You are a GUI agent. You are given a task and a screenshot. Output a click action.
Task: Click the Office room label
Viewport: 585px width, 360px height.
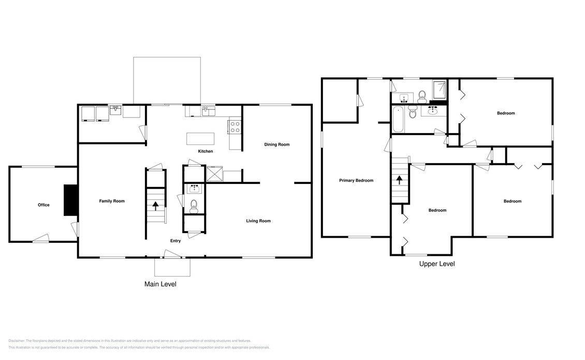point(43,205)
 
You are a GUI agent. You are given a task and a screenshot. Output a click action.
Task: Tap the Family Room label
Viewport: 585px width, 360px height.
point(112,201)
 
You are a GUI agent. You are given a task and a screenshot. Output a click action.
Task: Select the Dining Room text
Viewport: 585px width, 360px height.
point(276,145)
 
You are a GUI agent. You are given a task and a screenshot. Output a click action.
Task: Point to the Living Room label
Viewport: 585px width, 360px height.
point(258,221)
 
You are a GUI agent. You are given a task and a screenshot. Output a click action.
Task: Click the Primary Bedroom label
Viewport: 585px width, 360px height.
point(356,181)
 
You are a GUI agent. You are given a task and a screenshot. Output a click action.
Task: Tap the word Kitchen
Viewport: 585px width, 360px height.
point(206,151)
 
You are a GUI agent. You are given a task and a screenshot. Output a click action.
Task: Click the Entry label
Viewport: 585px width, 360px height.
point(175,241)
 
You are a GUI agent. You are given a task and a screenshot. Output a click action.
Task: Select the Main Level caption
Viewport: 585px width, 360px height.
point(160,284)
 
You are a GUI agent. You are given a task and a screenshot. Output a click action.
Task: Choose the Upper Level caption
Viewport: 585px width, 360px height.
point(437,264)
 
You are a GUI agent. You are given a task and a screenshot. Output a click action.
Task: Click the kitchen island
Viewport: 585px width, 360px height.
point(200,138)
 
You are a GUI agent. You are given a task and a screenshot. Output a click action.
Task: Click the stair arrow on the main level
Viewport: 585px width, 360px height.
point(155,206)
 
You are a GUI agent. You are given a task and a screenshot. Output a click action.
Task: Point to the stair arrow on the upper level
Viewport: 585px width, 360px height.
point(399,180)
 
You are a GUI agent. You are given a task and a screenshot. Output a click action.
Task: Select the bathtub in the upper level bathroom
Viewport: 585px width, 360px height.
point(398,119)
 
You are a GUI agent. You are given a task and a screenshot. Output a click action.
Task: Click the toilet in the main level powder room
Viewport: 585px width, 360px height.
point(194,206)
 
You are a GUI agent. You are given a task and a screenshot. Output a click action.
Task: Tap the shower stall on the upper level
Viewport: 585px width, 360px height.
point(440,90)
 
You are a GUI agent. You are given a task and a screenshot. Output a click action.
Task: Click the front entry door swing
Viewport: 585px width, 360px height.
point(171,253)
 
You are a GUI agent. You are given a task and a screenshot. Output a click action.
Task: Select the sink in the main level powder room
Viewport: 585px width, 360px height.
point(194,189)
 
